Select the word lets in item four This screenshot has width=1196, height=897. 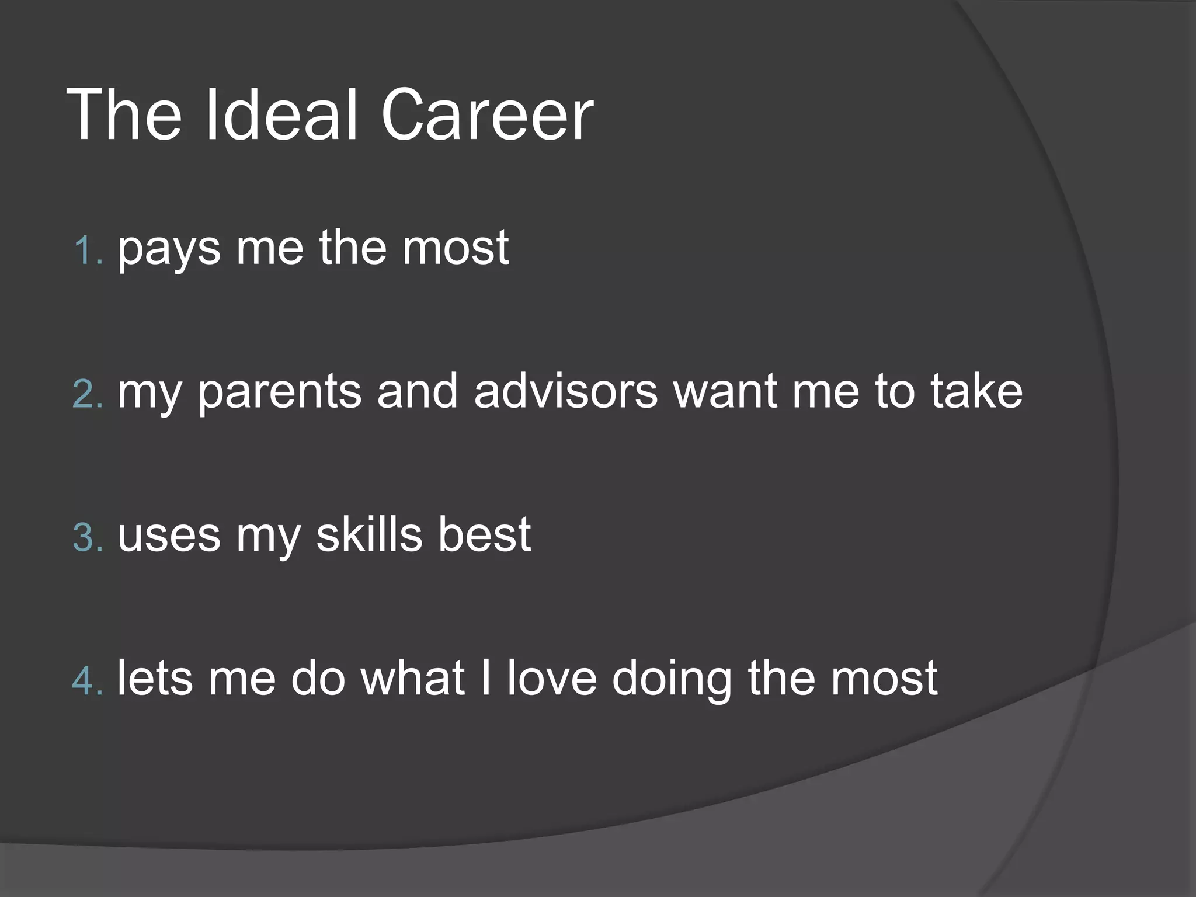(x=155, y=677)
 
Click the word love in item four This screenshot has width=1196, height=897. (x=552, y=677)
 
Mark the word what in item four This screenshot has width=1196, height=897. (x=412, y=677)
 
